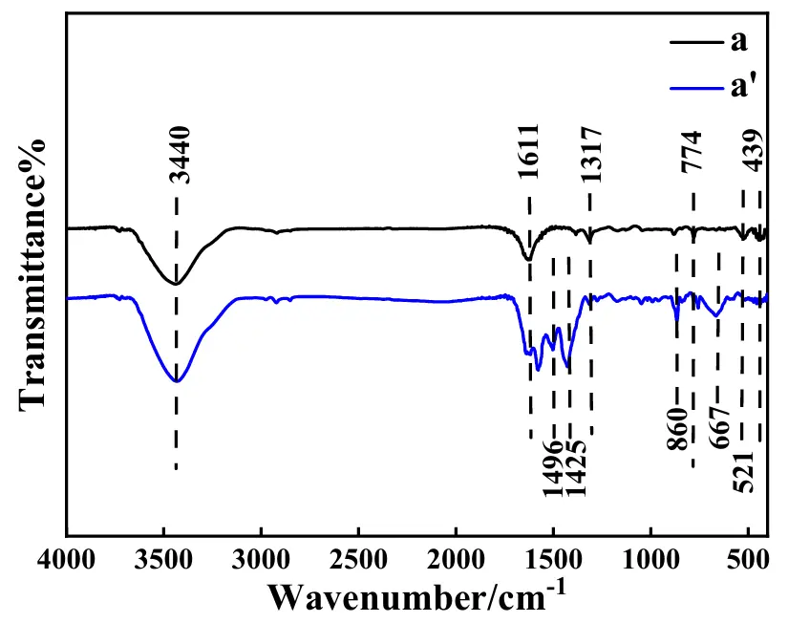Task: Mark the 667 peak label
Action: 720,425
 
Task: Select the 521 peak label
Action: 745,469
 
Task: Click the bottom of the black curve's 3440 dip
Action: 176,284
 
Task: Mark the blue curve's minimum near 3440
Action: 176,382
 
